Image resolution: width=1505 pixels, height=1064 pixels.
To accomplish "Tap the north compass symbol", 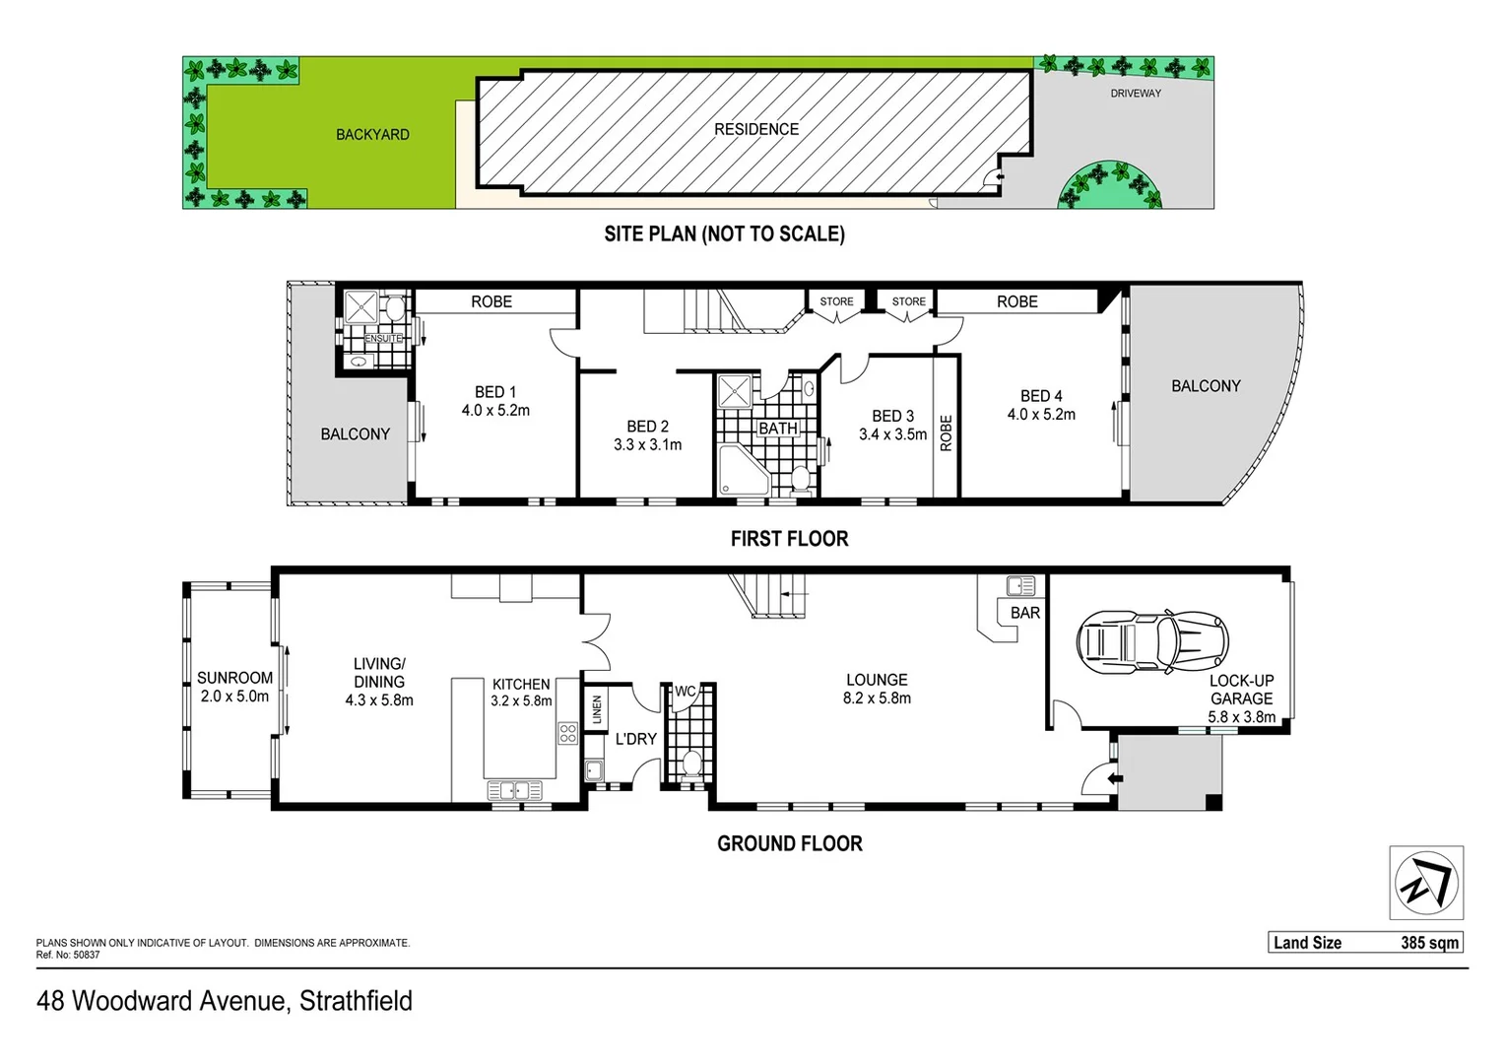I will (1426, 883).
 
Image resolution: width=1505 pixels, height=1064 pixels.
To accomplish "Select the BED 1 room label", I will (494, 392).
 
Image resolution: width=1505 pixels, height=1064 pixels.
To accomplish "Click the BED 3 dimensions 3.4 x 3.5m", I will (892, 434).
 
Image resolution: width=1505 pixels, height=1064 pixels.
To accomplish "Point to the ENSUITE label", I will (383, 339).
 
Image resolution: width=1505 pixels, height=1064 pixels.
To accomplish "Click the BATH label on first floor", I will (777, 429).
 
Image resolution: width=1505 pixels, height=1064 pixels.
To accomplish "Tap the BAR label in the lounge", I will (1024, 613).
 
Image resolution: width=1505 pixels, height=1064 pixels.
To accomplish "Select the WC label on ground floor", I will (686, 692).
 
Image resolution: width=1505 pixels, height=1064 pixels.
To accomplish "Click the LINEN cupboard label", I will (597, 709).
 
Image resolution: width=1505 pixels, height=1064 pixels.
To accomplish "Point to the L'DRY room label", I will (635, 739).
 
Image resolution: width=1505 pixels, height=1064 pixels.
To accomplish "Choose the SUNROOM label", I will (234, 678).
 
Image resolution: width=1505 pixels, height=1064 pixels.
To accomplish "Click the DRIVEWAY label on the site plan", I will (1135, 94).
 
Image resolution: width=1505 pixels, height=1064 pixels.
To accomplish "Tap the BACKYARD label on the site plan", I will (372, 135).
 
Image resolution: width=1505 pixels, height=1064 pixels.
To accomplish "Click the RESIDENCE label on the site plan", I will (756, 129).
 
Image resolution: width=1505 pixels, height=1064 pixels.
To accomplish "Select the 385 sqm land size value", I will (1429, 943).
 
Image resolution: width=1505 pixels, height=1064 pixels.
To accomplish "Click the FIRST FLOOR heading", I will (789, 539).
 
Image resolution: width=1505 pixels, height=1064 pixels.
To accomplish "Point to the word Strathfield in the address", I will (356, 1001).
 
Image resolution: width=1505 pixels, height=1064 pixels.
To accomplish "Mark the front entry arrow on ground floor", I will (1114, 779).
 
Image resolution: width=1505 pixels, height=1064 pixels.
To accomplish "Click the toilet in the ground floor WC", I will (691, 765).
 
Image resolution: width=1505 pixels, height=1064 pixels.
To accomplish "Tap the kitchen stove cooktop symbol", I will (567, 733).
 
